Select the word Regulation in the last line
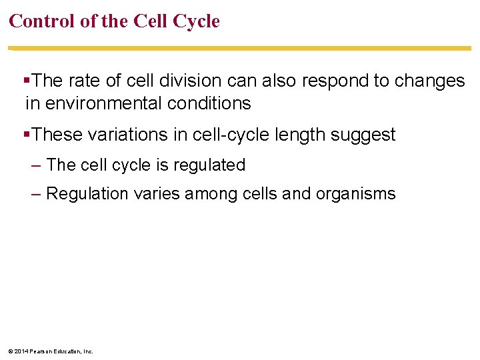click(x=87, y=194)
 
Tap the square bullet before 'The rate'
click(x=27, y=81)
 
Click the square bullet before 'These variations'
click(x=27, y=135)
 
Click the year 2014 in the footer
click(x=19, y=351)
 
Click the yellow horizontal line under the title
click(x=240, y=48)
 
